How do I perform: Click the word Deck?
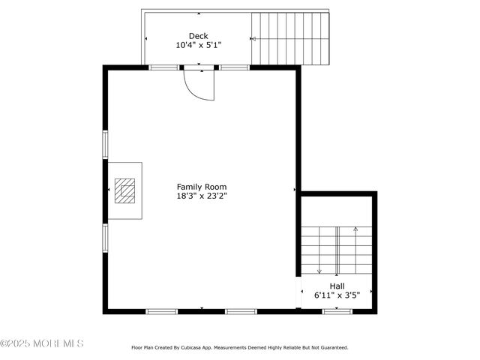click(x=198, y=35)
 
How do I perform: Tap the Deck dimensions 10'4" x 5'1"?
click(x=198, y=45)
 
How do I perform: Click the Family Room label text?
click(x=201, y=187)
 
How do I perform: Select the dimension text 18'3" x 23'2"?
click(x=201, y=196)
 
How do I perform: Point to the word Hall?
click(x=337, y=286)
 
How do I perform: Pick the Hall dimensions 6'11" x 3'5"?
click(x=337, y=295)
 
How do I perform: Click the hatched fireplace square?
click(x=124, y=190)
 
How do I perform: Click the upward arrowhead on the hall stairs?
click(x=355, y=228)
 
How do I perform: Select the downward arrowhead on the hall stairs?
click(x=319, y=271)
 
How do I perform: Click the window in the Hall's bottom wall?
click(x=337, y=311)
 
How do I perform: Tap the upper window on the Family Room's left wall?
click(x=105, y=144)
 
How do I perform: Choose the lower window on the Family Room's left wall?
click(x=105, y=237)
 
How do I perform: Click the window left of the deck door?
click(x=163, y=67)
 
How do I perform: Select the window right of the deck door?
click(x=234, y=67)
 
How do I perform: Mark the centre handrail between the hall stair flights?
click(x=337, y=250)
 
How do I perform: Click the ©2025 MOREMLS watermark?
click(x=42, y=343)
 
